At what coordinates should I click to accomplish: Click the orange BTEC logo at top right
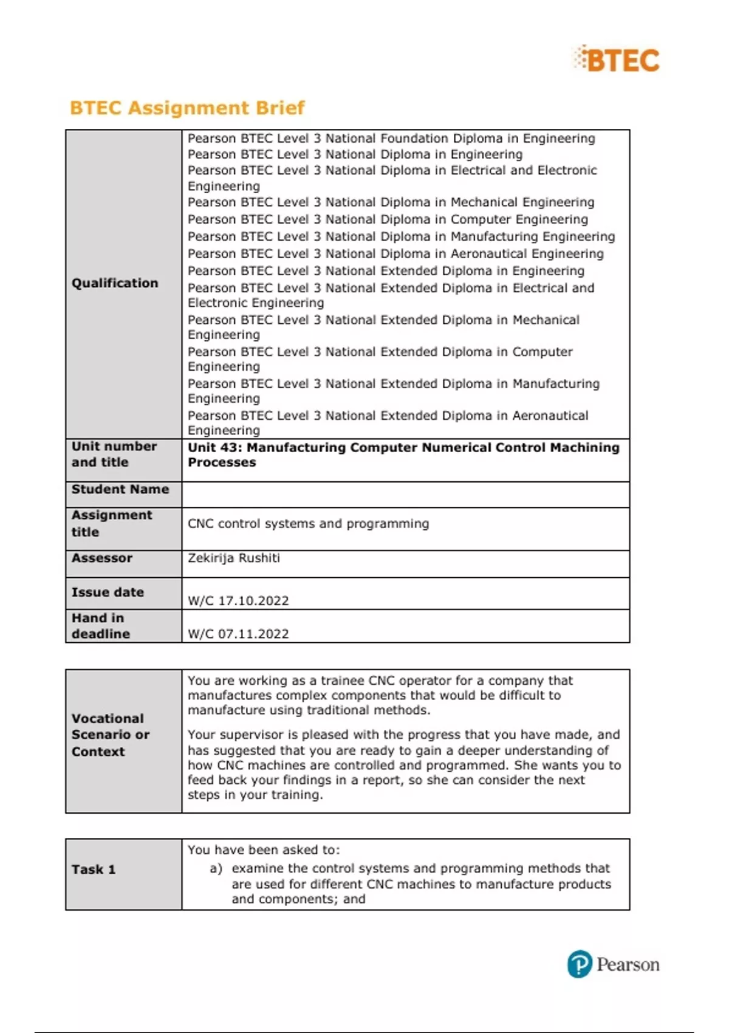click(617, 60)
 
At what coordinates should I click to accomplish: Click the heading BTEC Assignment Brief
click(187, 108)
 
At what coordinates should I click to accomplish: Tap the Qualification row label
click(115, 283)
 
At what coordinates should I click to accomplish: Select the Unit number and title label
click(114, 455)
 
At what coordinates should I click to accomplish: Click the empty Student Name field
click(405, 495)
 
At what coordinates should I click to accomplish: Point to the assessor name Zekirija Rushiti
click(234, 558)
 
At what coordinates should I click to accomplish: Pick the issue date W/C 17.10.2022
click(238, 601)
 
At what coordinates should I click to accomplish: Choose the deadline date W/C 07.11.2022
click(238, 634)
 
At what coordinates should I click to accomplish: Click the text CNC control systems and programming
click(308, 524)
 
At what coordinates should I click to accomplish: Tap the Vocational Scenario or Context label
click(111, 735)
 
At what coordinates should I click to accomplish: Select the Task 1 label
click(94, 870)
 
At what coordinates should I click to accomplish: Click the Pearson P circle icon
click(580, 964)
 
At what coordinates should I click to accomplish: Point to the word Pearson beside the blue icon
click(628, 964)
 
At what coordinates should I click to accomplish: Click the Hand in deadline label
click(101, 626)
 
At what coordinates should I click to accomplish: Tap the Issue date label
click(108, 592)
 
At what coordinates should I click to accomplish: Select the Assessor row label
click(102, 558)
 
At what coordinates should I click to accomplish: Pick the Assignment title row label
click(112, 523)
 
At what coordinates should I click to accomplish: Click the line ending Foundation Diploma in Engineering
click(391, 139)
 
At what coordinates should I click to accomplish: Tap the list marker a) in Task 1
click(216, 868)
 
